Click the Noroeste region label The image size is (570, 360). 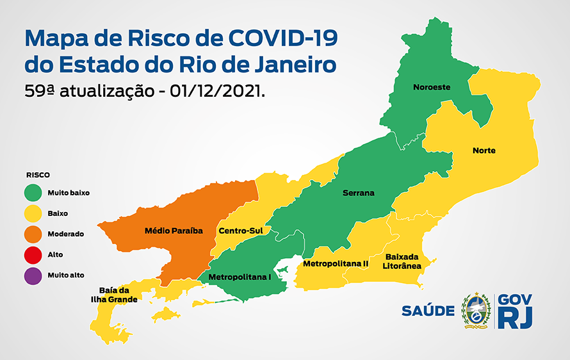pyautogui.click(x=432, y=87)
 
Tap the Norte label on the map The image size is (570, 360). pyautogui.click(x=484, y=151)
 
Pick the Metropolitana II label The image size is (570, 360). pyautogui.click(x=335, y=263)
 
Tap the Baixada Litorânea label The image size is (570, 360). pyautogui.click(x=402, y=261)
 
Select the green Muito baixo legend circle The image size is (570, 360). pyautogui.click(x=33, y=192)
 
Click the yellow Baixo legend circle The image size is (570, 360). pyautogui.click(x=33, y=213)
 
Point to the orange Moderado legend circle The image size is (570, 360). pyautogui.click(x=33, y=234)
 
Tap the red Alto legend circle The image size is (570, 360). pyautogui.click(x=33, y=254)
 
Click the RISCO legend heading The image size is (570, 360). pyautogui.click(x=38, y=174)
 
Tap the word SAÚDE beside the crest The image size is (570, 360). pyautogui.click(x=428, y=311)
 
